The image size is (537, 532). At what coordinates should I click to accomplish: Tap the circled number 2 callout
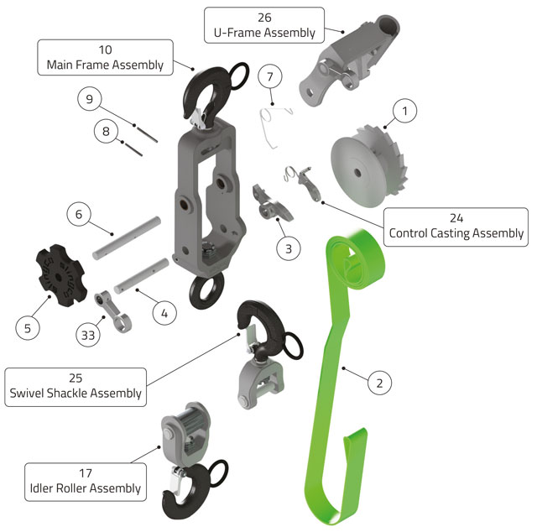(x=379, y=383)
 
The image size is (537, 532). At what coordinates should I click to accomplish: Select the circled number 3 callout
(x=288, y=248)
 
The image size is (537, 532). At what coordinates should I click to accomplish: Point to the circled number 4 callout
(x=164, y=314)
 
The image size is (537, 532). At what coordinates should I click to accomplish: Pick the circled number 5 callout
(x=27, y=327)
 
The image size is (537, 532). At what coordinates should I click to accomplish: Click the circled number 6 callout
(x=78, y=215)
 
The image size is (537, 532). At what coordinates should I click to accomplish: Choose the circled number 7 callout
(x=269, y=77)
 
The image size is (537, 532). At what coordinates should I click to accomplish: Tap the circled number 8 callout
(x=107, y=131)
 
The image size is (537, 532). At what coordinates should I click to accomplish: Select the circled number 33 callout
(x=86, y=334)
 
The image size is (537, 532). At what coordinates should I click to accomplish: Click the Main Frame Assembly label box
(x=105, y=57)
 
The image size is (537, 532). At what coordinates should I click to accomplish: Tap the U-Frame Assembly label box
(x=264, y=25)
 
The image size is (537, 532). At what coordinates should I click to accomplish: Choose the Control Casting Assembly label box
(x=456, y=226)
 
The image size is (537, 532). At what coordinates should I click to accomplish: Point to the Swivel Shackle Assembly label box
(x=76, y=385)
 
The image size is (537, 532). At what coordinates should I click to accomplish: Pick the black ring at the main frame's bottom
(x=207, y=290)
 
